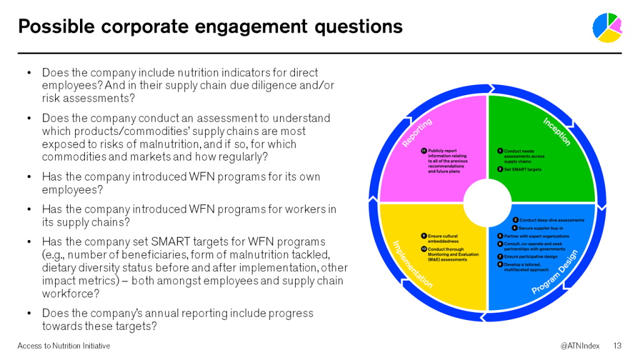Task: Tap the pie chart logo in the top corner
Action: pos(607,27)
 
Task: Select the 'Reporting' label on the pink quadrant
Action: pos(417,132)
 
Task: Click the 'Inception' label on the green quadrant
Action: pos(557,131)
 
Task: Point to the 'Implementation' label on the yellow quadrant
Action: pos(412,264)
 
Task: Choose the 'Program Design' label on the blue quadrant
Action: pos(555,271)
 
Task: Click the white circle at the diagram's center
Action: pos(487,203)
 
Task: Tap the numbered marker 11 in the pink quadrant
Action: pos(424,151)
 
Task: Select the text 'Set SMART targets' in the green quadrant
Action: pos(522,169)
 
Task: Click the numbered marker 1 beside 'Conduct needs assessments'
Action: pos(500,151)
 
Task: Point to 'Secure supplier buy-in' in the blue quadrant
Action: pos(541,228)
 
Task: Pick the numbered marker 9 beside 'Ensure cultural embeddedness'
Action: pos(424,236)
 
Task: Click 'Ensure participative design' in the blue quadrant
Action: pos(531,257)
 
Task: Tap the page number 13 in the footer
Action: pos(617,346)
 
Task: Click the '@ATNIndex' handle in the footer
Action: pos(580,346)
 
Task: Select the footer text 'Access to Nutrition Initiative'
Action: pos(64,346)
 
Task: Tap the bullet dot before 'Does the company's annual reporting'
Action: pos(29,314)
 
